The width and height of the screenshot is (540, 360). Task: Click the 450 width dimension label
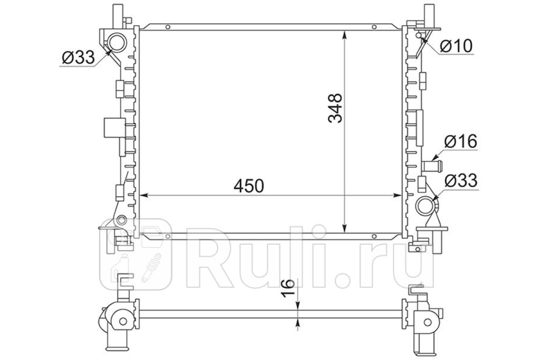(249, 186)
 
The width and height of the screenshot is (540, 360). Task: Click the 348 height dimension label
(335, 108)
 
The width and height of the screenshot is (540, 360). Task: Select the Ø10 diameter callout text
(456, 46)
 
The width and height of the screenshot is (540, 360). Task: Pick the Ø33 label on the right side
(461, 180)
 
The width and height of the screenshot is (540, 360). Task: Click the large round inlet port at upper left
(117, 43)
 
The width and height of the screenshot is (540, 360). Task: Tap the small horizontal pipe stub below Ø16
(432, 165)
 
